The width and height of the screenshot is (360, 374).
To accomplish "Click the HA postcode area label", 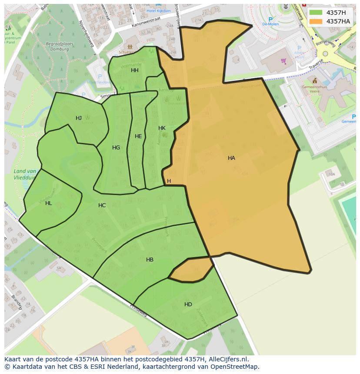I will (x=231, y=158).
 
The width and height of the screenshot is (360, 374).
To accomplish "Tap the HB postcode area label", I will (x=150, y=260).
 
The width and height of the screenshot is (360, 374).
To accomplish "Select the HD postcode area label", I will (x=188, y=304).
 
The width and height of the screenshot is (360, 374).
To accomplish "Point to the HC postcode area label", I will (x=102, y=205).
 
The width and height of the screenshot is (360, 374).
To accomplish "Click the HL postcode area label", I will (x=48, y=203).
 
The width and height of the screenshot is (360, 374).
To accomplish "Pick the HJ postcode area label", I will (x=79, y=118).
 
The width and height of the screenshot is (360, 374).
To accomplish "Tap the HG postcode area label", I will (x=116, y=148).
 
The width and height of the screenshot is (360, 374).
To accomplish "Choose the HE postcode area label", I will (x=138, y=136).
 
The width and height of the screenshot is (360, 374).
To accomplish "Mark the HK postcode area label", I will (x=162, y=128).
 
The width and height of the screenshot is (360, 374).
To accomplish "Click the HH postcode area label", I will (x=135, y=70).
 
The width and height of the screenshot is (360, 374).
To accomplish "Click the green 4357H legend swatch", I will (x=316, y=13).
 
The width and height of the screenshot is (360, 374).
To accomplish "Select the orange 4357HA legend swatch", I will (x=316, y=21).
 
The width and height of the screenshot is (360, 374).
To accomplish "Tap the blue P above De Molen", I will (x=270, y=20).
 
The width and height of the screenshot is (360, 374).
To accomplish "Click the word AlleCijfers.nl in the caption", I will (x=229, y=359).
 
